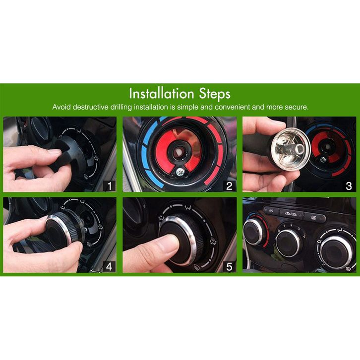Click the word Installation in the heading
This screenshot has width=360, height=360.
(x=162, y=93)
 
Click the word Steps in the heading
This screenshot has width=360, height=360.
(x=215, y=94)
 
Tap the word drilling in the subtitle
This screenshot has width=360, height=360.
(x=121, y=107)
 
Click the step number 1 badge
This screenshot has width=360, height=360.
(x=109, y=186)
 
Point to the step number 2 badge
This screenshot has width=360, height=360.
(x=230, y=186)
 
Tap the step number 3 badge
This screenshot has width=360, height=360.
(x=349, y=186)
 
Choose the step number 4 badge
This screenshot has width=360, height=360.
(x=109, y=267)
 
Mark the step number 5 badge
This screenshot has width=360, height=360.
(x=230, y=267)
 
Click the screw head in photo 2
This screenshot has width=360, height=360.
(x=180, y=172)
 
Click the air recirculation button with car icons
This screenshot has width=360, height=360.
(x=291, y=214)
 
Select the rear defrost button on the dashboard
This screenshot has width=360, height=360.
(x=314, y=217)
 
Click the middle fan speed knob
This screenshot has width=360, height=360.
(x=288, y=243)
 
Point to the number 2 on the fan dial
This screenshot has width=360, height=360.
(x=292, y=225)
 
